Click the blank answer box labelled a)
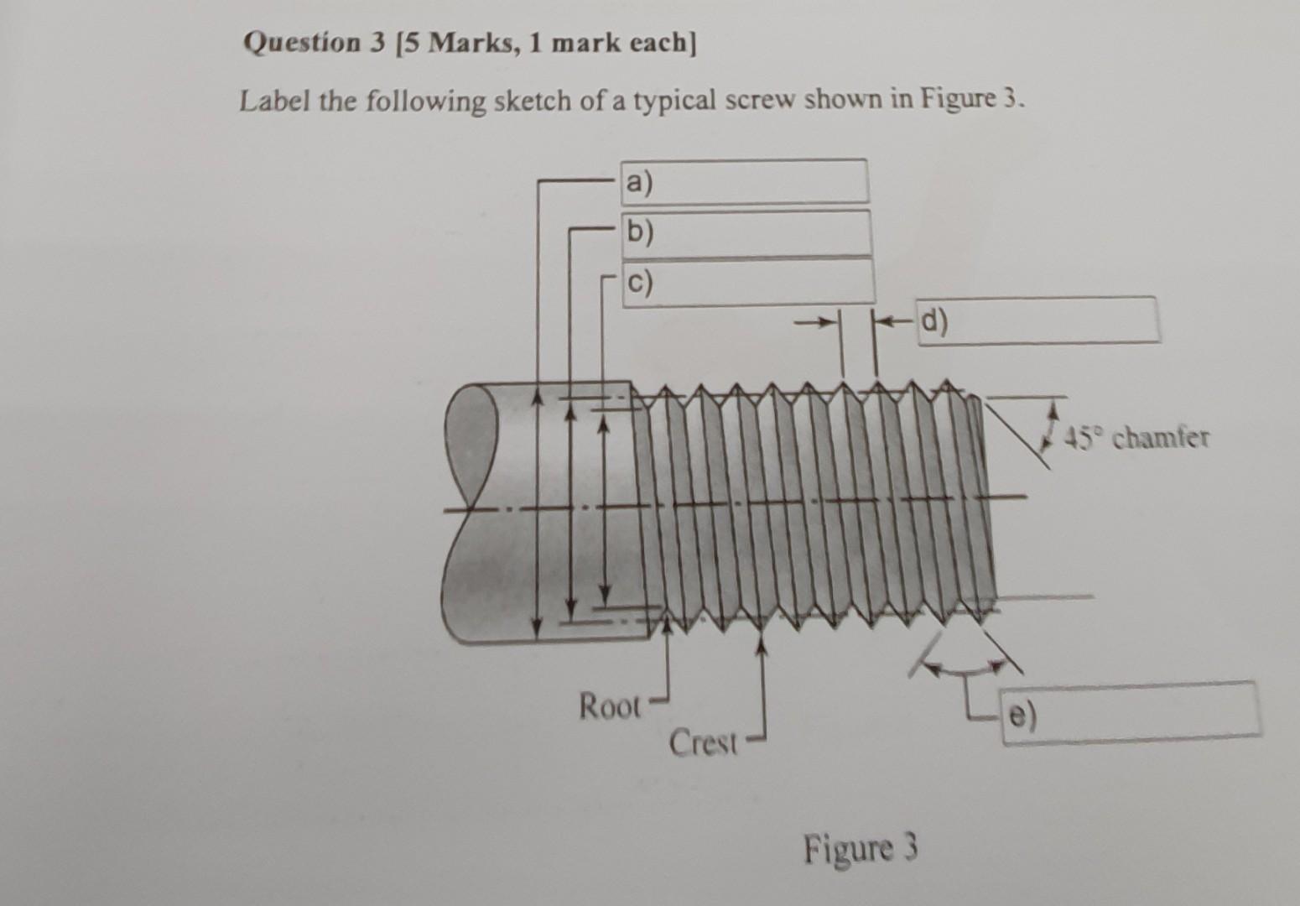click(745, 181)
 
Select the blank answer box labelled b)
click(746, 232)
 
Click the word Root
click(610, 706)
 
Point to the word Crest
click(703, 742)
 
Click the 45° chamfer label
click(1137, 437)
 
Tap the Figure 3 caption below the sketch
click(861, 848)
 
